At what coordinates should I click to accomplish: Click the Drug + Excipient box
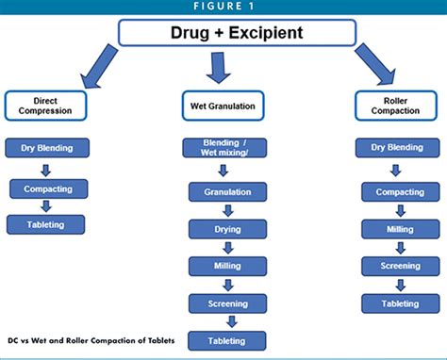point(223,34)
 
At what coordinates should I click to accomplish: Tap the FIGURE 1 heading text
point(223,8)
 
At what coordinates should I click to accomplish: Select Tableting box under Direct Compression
point(45,224)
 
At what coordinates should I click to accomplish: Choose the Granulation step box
point(226,191)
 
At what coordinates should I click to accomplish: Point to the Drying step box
point(226,228)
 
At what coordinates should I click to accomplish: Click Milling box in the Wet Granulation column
point(226,266)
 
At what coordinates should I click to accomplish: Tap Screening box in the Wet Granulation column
point(226,303)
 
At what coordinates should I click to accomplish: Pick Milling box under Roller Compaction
point(400,228)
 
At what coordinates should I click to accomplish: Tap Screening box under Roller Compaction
point(400,266)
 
